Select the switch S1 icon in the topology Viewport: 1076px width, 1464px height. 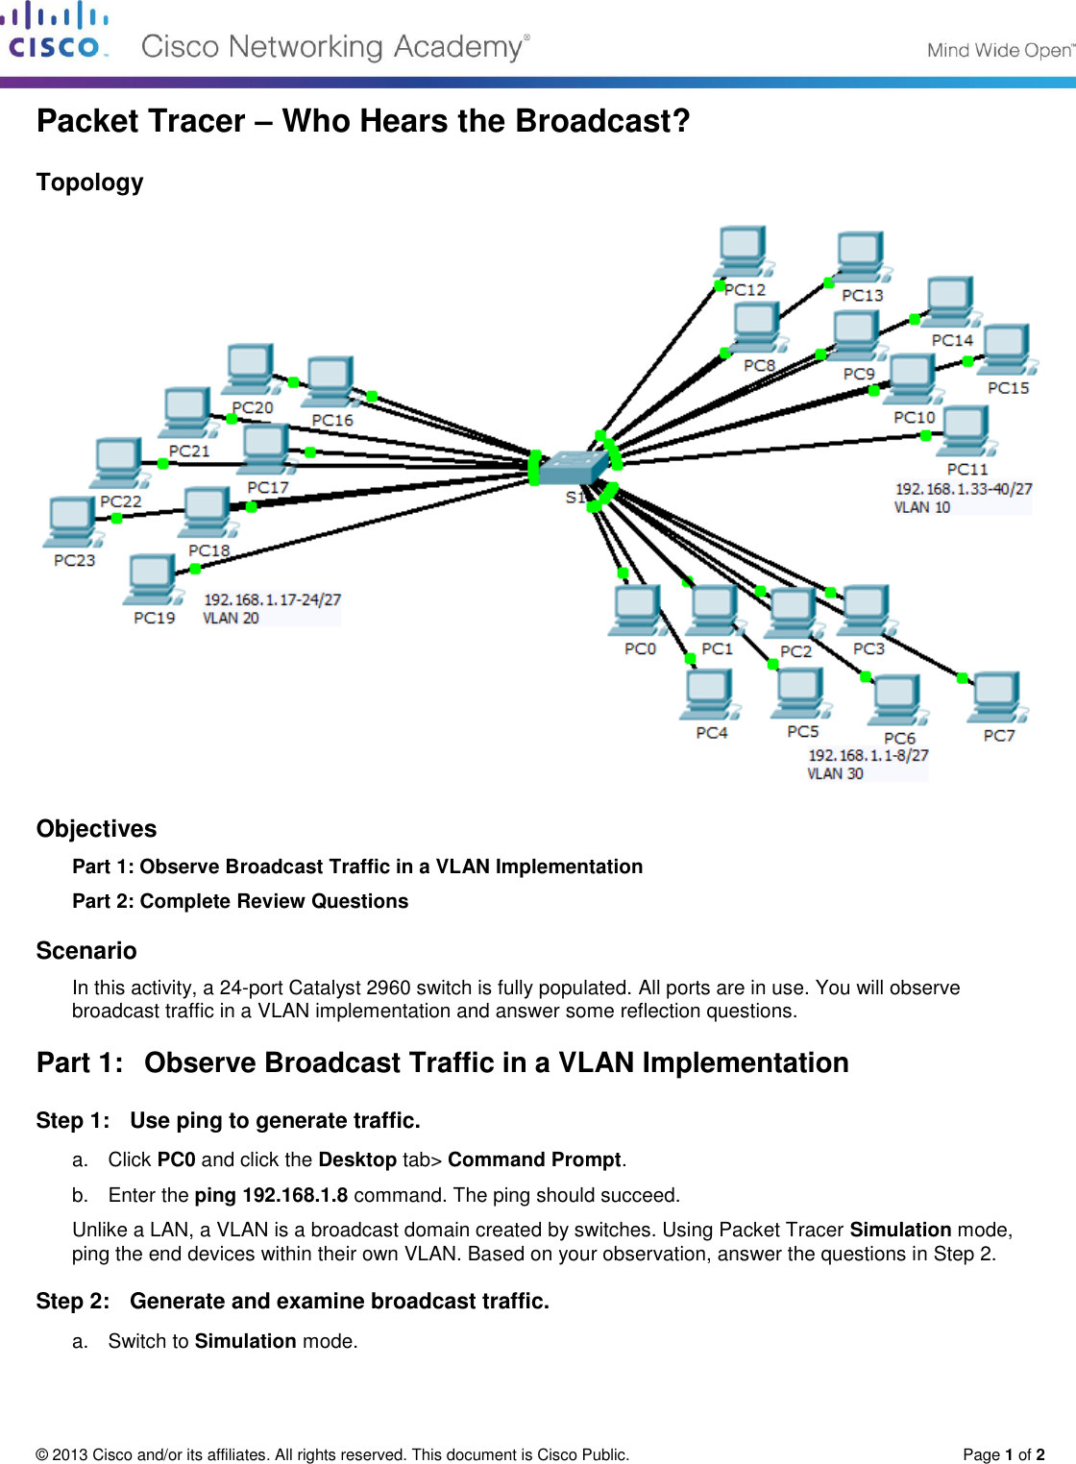click(x=574, y=468)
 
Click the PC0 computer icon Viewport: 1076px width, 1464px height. click(x=636, y=611)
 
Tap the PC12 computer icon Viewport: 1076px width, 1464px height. click(x=744, y=252)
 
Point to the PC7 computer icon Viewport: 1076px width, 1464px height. click(x=996, y=697)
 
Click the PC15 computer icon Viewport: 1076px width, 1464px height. click(x=1006, y=350)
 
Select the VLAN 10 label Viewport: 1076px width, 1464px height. click(x=922, y=507)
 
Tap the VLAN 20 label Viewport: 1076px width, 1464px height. click(x=231, y=618)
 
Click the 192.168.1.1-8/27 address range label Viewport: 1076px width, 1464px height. click(x=868, y=755)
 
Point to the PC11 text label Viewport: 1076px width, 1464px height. click(x=967, y=469)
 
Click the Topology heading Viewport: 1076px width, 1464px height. click(x=89, y=183)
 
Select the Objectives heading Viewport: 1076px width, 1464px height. click(x=96, y=828)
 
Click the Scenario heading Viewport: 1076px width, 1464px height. click(x=86, y=950)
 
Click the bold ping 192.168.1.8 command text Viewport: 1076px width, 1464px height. click(x=271, y=1195)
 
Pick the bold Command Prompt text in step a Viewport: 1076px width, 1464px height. click(x=534, y=1159)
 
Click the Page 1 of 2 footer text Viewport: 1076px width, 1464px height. click(x=1003, y=1454)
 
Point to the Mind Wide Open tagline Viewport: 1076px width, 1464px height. click(x=999, y=50)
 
